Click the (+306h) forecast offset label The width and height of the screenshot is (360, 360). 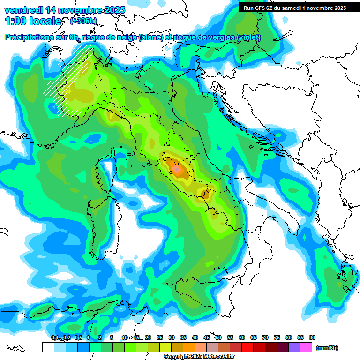[83, 21]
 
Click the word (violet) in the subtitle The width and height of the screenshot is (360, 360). [248, 37]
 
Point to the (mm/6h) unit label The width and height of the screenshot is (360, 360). [327, 348]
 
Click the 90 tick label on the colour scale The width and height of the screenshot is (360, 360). [312, 337]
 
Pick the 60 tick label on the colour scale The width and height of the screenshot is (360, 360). [242, 337]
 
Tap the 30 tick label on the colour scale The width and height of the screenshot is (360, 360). [172, 337]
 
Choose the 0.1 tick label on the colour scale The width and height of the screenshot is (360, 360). [54, 337]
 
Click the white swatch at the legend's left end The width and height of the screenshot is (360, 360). [48, 347]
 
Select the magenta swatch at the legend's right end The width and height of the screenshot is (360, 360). [306, 347]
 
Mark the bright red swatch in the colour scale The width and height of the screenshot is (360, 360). [247, 347]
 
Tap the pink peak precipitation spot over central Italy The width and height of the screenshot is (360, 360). [177, 167]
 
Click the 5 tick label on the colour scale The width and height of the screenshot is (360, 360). [112, 337]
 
